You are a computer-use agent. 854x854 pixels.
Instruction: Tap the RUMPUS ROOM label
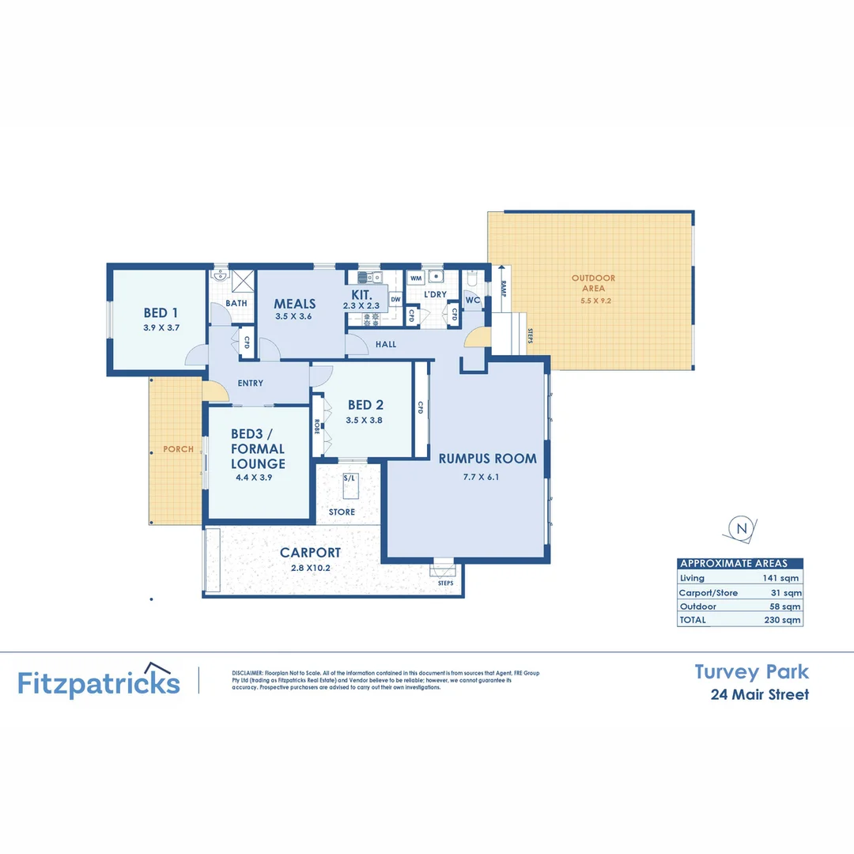click(488, 458)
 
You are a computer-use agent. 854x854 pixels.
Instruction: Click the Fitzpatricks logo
click(99, 682)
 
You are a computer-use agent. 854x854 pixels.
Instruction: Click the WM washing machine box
click(416, 278)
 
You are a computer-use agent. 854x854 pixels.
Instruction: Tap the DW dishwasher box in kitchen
click(395, 299)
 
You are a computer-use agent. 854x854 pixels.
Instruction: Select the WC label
click(473, 300)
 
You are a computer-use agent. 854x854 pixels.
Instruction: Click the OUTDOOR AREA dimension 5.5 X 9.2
click(593, 300)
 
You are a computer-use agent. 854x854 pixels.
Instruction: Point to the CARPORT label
click(310, 553)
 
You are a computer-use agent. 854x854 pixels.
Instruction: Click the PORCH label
click(178, 449)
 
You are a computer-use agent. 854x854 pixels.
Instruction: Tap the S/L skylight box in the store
click(349, 479)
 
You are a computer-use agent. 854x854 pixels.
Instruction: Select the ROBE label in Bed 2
click(317, 427)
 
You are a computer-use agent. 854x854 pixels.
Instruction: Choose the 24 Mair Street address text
click(759, 695)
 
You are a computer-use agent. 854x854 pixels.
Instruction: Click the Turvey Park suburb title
click(751, 672)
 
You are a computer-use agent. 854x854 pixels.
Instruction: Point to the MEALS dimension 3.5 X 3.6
click(295, 316)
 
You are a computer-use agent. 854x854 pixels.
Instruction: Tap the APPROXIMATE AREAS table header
click(734, 564)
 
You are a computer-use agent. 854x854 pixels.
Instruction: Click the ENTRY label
click(250, 384)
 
